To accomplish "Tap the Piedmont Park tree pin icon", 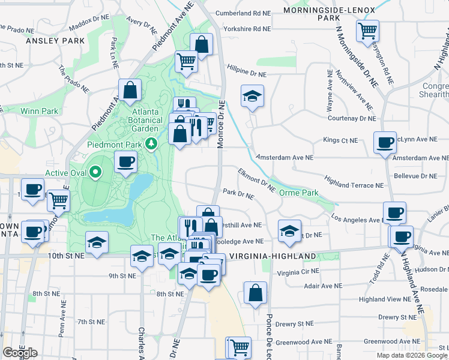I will point(152,143).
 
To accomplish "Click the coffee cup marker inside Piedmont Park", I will point(125,162).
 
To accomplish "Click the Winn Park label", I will point(39,111).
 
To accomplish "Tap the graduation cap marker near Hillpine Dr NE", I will point(253,95).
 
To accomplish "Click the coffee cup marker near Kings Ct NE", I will point(385,143).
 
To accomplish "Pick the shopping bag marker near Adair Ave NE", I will point(255,293).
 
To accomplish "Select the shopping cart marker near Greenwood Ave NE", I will point(238,347).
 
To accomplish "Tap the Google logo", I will point(20,353).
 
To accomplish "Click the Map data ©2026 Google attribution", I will point(411,355).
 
